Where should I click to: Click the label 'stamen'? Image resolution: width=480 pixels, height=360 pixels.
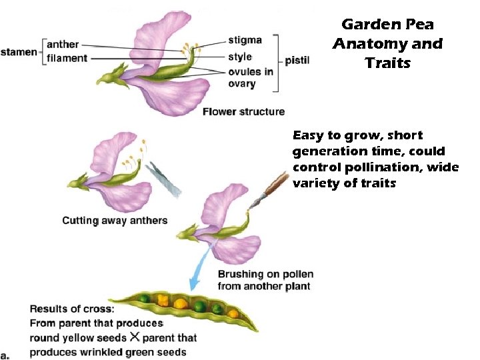pyautogui.click(x=19, y=51)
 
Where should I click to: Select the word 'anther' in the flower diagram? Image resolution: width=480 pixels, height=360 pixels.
pyautogui.click(x=63, y=45)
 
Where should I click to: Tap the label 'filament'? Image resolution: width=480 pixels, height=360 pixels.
pyautogui.click(x=67, y=58)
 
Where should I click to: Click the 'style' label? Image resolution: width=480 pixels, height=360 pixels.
pyautogui.click(x=239, y=57)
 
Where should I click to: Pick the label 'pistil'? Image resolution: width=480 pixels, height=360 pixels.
pyautogui.click(x=297, y=61)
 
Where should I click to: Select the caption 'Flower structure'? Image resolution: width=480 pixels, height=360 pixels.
pyautogui.click(x=243, y=111)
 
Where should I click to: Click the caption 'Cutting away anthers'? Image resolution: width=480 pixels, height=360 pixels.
pyautogui.click(x=115, y=221)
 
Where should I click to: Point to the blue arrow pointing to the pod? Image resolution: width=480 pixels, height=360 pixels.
pyautogui.click(x=199, y=271)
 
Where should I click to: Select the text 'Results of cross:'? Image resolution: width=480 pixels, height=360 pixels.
pyautogui.click(x=72, y=309)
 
